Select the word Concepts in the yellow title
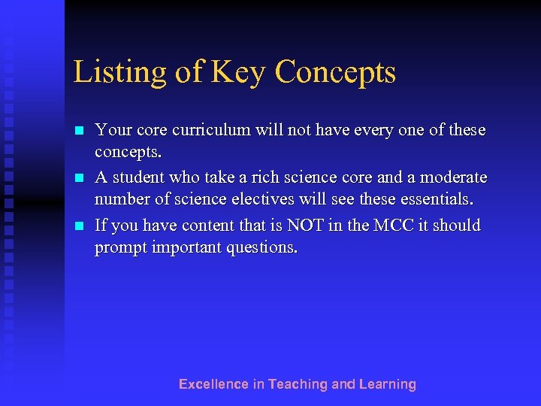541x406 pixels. coord(335,73)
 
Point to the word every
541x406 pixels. coord(362,130)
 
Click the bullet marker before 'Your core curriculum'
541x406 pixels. coord(78,131)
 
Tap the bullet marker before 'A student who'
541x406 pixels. coord(78,179)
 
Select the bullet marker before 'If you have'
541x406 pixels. coord(78,226)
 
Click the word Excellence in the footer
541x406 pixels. coord(213,384)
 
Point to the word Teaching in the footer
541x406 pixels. coord(298,384)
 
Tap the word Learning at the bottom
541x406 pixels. coord(387,384)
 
